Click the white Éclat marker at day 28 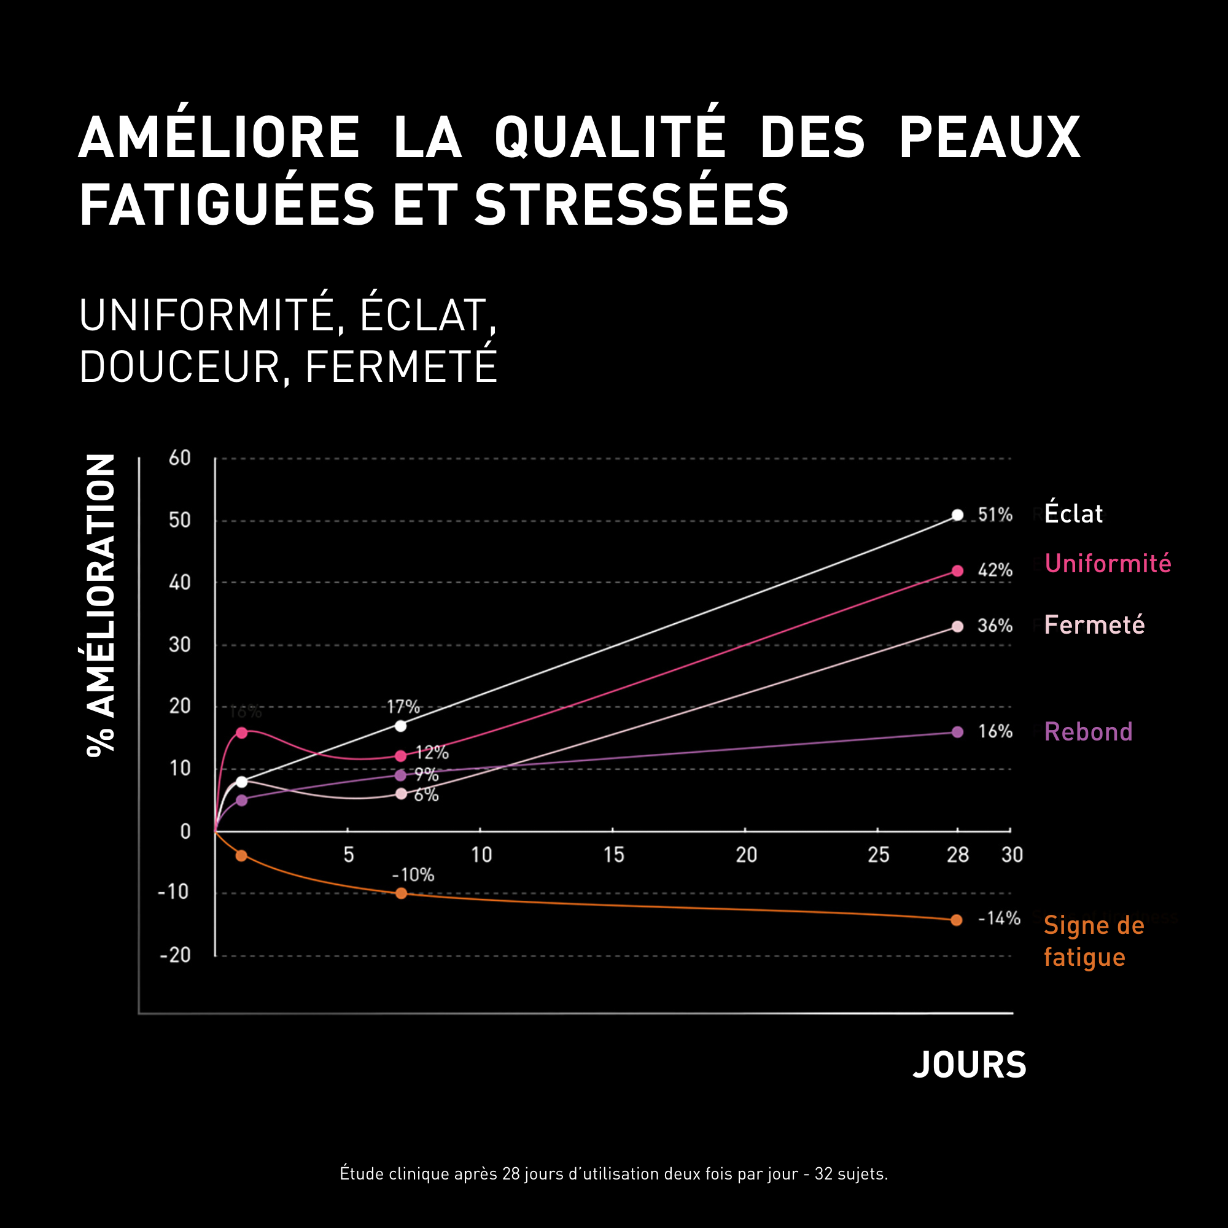click(957, 515)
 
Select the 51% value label click(995, 515)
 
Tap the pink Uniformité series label click(1107, 564)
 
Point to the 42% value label click(995, 570)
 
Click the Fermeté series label click(1094, 626)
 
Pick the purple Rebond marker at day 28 click(957, 733)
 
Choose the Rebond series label click(1088, 733)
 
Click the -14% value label click(998, 919)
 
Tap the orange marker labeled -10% click(401, 893)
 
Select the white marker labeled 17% click(400, 726)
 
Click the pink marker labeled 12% click(400, 756)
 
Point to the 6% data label click(426, 795)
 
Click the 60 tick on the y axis click(179, 457)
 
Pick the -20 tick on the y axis click(175, 955)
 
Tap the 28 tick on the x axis click(957, 855)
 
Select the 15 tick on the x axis click(613, 855)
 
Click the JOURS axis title click(970, 1065)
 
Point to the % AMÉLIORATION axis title click(101, 604)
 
